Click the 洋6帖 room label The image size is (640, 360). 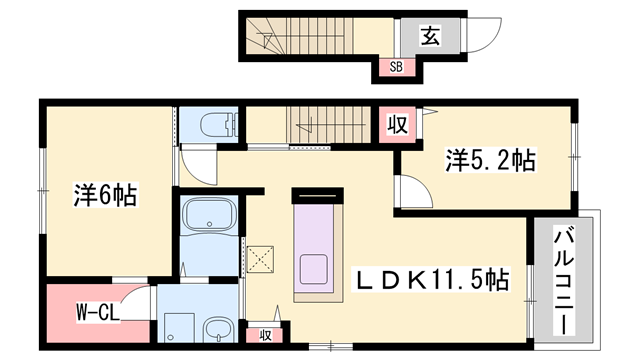point(105,195)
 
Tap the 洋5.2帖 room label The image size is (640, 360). point(490,160)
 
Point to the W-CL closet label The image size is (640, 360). point(98,313)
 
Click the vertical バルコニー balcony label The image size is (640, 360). point(564,282)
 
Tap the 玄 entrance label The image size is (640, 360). point(430,36)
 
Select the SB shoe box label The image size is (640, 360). point(396,67)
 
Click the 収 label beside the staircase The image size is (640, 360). point(397,124)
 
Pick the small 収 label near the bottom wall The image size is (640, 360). point(265,336)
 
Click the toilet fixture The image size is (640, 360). point(218,124)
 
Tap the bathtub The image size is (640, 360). point(209,214)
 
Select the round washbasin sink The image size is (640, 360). point(218,330)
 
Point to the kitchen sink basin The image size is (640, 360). point(314,269)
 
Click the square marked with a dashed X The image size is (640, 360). point(260,259)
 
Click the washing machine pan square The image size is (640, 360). point(179,328)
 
